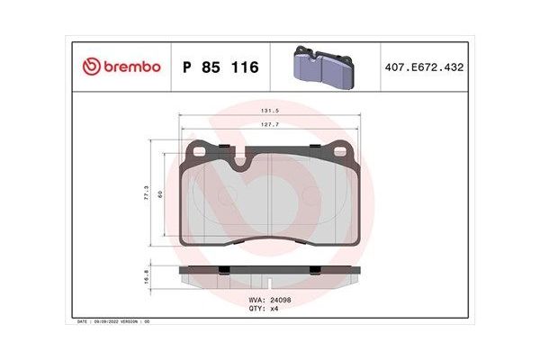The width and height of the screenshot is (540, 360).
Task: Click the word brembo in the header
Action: pyautogui.click(x=131, y=67)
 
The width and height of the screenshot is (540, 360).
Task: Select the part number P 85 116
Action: pyautogui.click(x=220, y=67)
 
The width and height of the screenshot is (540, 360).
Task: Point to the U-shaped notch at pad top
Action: pyautogui.click(x=242, y=162)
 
